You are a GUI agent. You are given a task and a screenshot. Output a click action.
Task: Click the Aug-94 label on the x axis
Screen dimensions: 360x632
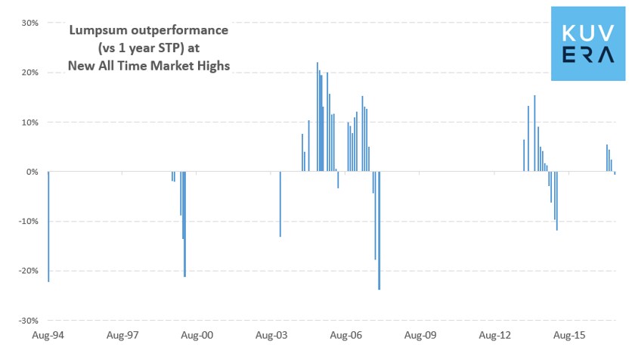pyautogui.click(x=48, y=334)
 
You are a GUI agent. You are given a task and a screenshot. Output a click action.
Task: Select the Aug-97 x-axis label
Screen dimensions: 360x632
pyautogui.click(x=122, y=334)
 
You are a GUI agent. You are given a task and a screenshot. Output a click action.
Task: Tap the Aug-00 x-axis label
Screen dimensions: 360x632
pyautogui.click(x=197, y=334)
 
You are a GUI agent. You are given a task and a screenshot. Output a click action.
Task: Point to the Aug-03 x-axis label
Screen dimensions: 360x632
pyautogui.click(x=271, y=334)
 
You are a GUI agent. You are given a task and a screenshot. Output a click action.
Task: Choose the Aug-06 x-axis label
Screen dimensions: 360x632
pyautogui.click(x=345, y=334)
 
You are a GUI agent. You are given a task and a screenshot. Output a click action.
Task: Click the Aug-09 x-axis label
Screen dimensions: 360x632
pyautogui.click(x=420, y=334)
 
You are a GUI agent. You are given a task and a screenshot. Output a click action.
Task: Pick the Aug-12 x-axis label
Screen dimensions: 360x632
pyautogui.click(x=494, y=334)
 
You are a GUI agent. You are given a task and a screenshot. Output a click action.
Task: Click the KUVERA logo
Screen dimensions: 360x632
pyautogui.click(x=588, y=42)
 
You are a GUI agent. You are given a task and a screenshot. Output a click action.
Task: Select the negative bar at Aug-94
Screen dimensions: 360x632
pyautogui.click(x=48, y=227)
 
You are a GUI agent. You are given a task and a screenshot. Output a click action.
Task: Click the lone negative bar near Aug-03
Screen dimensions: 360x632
pyautogui.click(x=280, y=204)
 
